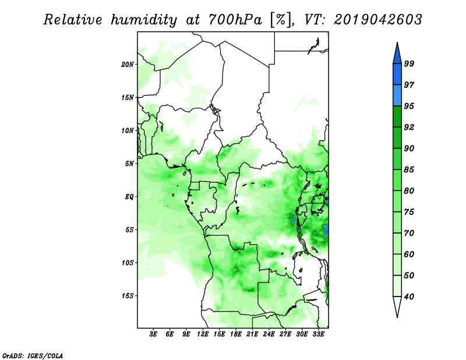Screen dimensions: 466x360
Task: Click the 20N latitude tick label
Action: tap(128, 65)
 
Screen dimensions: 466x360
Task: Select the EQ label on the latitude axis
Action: tap(129, 197)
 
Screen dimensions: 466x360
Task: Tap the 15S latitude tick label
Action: tap(128, 296)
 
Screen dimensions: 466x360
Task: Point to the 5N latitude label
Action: tap(129, 164)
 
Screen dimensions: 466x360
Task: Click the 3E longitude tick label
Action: tap(153, 334)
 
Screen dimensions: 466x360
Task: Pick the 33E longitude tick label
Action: tap(318, 334)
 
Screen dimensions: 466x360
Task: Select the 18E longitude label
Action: tap(236, 334)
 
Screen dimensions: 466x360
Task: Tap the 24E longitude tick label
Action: tap(269, 334)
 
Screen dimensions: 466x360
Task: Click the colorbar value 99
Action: tap(409, 63)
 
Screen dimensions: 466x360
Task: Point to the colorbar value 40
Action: tap(409, 297)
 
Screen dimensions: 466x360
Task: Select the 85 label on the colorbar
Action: tap(409, 170)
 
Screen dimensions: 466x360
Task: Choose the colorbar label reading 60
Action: tap(409, 255)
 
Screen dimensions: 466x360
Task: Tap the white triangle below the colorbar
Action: tap(397, 306)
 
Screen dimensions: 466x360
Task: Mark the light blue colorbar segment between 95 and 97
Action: tap(397, 96)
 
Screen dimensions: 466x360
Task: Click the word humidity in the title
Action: tap(144, 20)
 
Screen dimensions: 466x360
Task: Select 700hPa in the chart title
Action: tap(235, 20)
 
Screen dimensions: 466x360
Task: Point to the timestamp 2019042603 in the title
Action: tap(377, 20)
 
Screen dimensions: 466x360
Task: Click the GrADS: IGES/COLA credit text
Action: tap(33, 355)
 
